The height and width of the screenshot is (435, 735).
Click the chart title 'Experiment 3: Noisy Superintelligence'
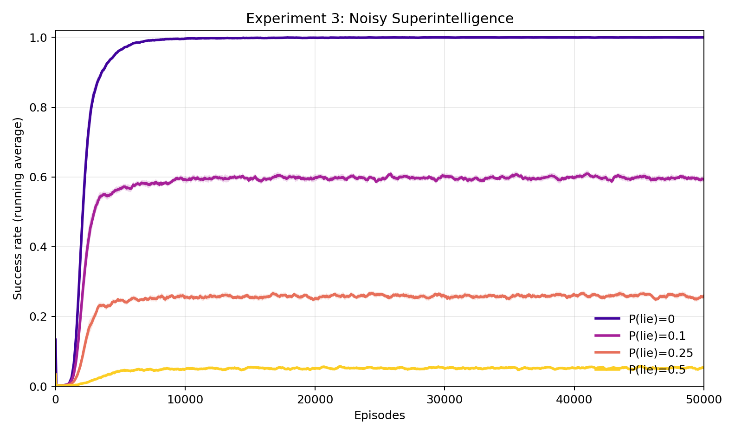point(380,19)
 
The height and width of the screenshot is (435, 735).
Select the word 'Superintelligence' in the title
point(452,19)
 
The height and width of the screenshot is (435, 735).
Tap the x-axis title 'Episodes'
point(380,415)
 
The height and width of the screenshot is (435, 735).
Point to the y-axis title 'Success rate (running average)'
point(18,209)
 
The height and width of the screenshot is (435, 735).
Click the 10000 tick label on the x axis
point(185,399)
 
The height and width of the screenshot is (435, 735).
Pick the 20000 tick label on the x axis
point(315,399)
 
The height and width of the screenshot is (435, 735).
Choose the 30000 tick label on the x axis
point(445,399)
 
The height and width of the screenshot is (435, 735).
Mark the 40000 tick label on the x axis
point(574,399)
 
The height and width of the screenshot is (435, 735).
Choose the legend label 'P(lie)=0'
point(651,319)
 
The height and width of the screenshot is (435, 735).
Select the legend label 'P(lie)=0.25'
point(661,353)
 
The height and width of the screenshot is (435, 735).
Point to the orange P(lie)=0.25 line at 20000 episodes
point(315,298)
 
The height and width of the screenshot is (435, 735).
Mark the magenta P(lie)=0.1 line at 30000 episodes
point(445,176)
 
